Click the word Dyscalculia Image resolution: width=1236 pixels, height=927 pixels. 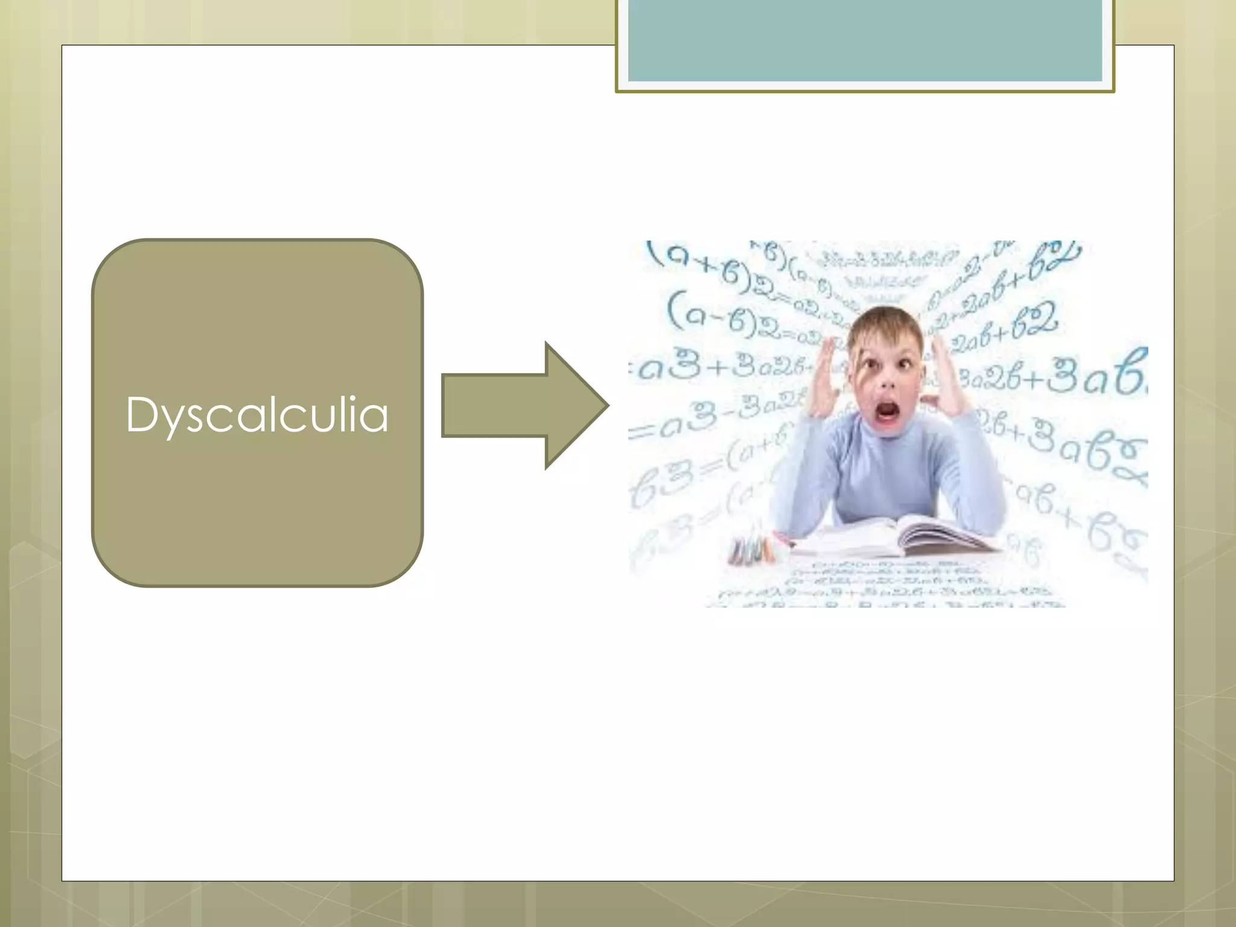(x=257, y=415)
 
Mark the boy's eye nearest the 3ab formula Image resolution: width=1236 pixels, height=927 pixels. (x=905, y=364)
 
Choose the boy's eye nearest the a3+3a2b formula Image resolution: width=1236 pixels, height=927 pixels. (x=870, y=365)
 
